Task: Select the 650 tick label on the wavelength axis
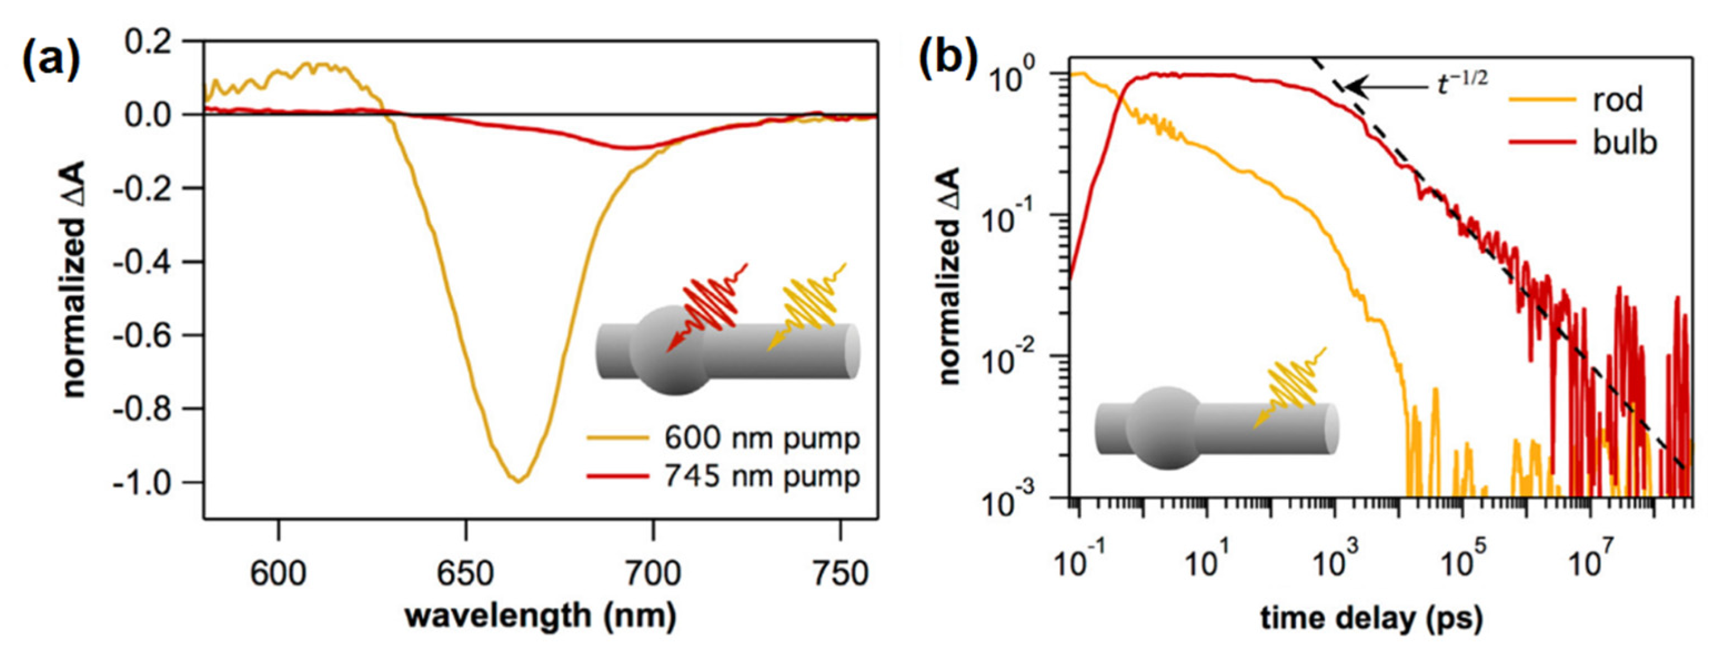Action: pos(465,573)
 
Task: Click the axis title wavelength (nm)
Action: pos(541,615)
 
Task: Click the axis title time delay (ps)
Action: pos(1372,618)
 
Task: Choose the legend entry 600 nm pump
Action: pos(761,439)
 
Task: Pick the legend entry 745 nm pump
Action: pos(761,477)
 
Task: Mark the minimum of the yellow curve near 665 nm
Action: pos(519,481)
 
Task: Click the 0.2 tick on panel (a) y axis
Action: pos(155,41)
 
